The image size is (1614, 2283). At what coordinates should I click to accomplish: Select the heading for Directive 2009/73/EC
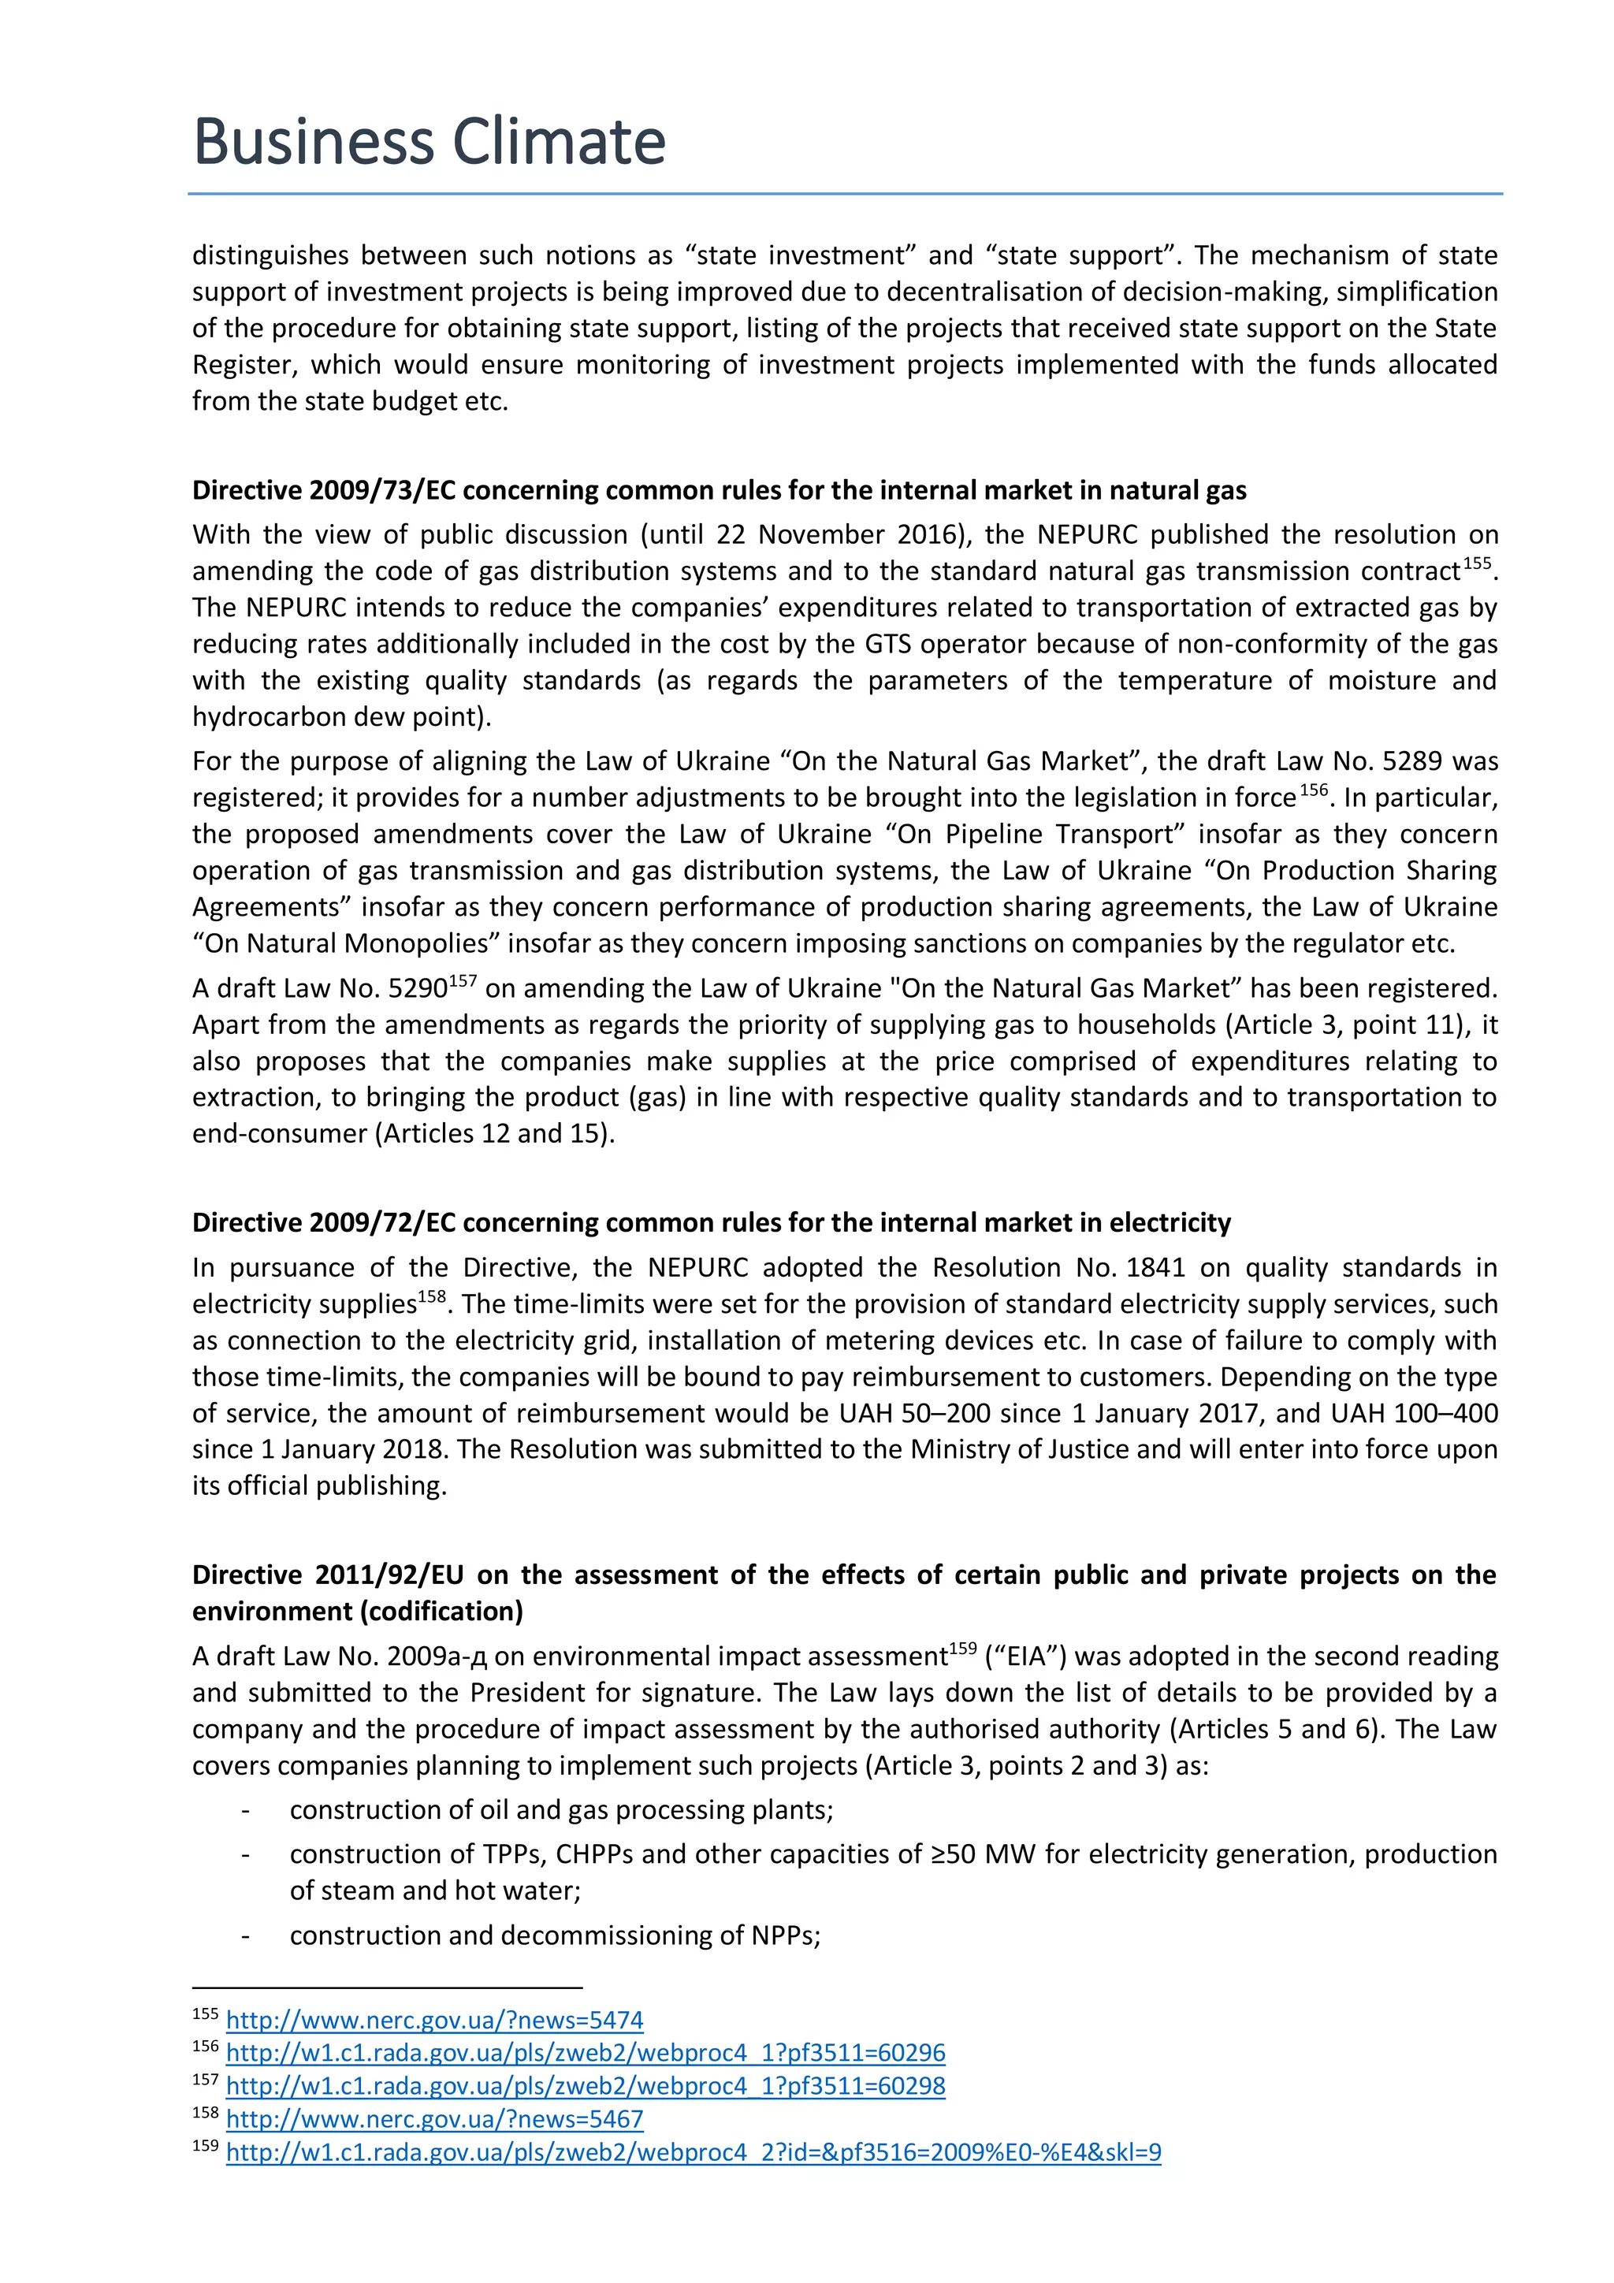pyautogui.click(x=718, y=490)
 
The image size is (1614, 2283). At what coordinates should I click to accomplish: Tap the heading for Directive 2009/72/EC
pyautogui.click(x=711, y=1222)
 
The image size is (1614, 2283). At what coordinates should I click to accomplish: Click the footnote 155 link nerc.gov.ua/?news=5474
pyautogui.click(x=434, y=2020)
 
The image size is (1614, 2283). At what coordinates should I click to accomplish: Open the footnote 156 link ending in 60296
pyautogui.click(x=585, y=2052)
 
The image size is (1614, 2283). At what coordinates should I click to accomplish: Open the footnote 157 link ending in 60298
pyautogui.click(x=585, y=2085)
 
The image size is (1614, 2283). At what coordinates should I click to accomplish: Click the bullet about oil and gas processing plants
pyautogui.click(x=561, y=1809)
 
